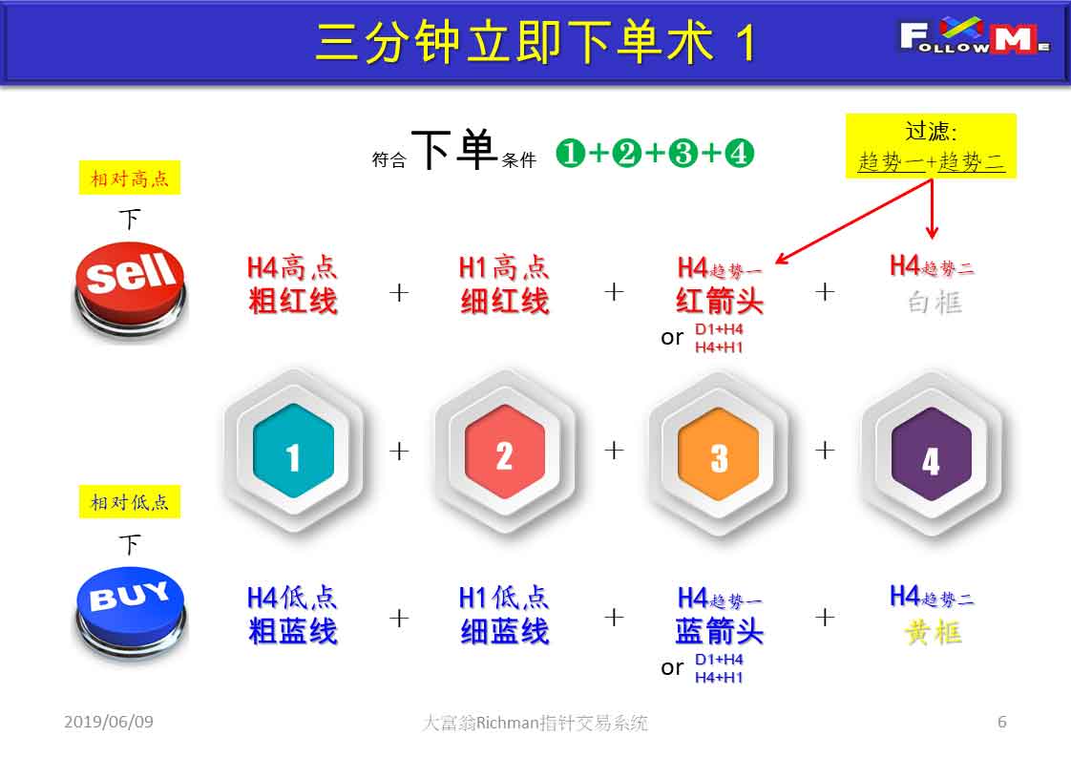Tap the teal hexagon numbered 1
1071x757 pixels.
(294, 451)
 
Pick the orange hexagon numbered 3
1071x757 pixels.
(719, 453)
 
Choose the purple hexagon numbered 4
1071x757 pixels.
(932, 453)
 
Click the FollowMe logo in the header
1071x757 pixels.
(975, 35)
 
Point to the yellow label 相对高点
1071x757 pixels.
(130, 178)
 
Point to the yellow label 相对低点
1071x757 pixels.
(130, 501)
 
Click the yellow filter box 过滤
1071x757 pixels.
(931, 146)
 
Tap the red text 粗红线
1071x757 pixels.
(293, 302)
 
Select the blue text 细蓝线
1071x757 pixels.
(505, 631)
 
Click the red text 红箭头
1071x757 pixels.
(719, 302)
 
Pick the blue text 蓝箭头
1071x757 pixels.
(719, 631)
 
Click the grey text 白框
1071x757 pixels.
(934, 302)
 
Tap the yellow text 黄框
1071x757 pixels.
(934, 633)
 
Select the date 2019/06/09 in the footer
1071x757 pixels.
(109, 722)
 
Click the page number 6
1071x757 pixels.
(1002, 722)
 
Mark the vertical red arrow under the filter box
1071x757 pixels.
(933, 208)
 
